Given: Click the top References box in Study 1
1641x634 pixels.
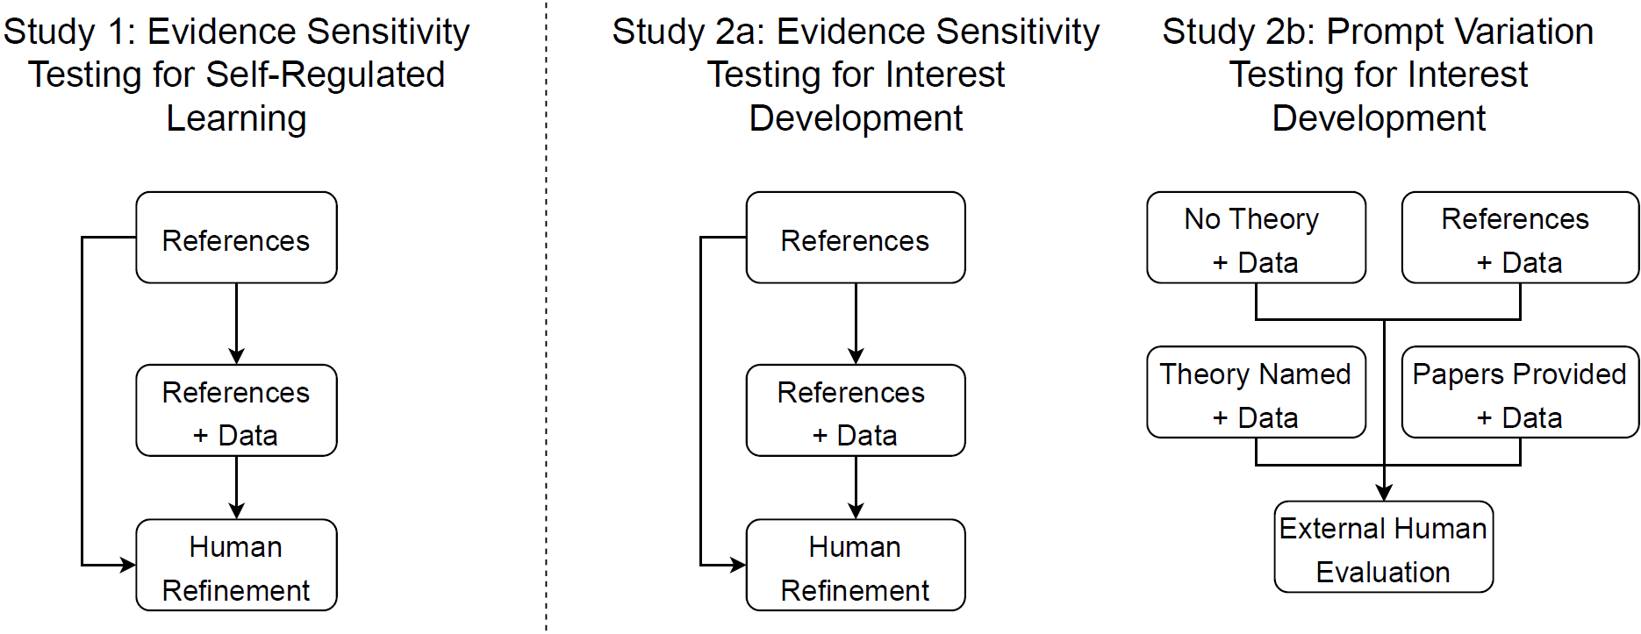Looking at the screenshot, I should (236, 238).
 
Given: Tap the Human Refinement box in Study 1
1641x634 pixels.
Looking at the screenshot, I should (236, 566).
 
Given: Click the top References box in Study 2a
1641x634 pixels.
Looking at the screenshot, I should (855, 238).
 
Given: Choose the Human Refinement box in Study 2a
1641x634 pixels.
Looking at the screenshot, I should (855, 566).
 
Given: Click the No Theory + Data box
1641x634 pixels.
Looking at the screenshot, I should (1255, 238).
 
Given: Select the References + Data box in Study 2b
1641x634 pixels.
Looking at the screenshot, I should (1519, 238).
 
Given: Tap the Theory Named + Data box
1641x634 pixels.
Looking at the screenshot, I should (1255, 393).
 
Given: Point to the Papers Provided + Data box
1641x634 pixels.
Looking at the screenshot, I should (1519, 393).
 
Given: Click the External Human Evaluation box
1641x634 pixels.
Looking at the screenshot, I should (1383, 548).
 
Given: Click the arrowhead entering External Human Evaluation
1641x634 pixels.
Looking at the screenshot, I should (1384, 494).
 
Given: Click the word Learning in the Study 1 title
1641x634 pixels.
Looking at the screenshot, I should (236, 118).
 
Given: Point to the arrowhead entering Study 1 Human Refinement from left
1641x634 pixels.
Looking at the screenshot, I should (128, 566).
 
